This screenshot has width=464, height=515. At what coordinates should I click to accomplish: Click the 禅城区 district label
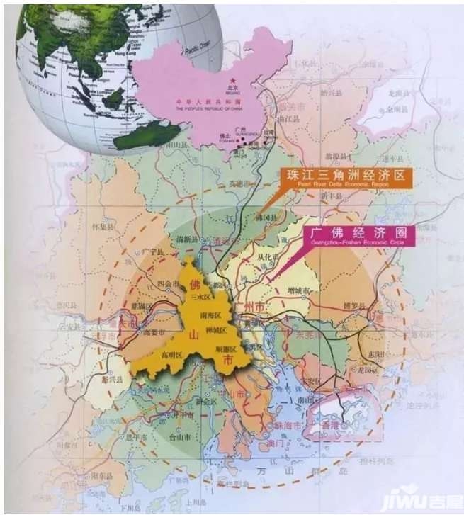pos(216,330)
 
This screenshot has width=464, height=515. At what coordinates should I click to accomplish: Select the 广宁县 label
pos(152,251)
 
